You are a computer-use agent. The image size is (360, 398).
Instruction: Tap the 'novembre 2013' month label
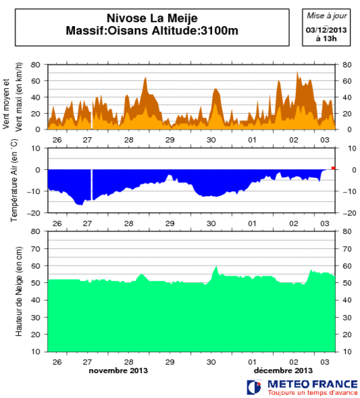118,370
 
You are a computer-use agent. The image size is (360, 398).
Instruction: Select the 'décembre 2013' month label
284,370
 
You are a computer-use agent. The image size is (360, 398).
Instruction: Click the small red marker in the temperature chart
334,168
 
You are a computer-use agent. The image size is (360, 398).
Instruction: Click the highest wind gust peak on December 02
298,73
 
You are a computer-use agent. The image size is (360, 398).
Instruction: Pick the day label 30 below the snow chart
211,361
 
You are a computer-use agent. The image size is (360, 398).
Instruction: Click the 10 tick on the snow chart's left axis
38,351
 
